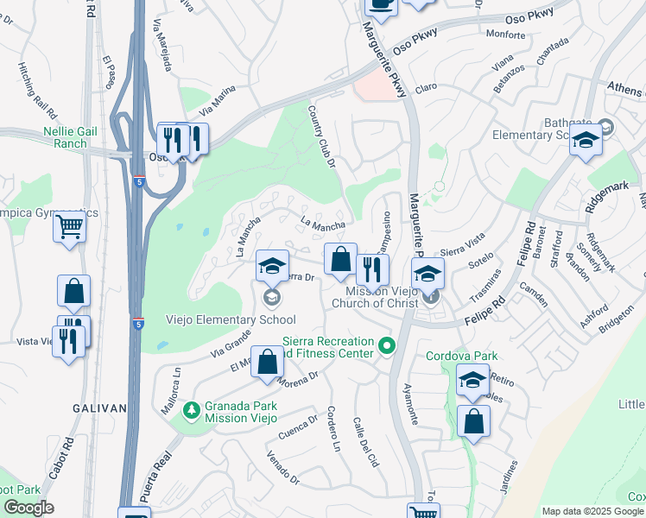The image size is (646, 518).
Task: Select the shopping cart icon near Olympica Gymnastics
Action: (69, 228)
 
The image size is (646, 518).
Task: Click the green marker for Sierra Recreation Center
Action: (387, 347)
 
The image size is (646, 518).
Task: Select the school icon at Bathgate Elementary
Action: (586, 140)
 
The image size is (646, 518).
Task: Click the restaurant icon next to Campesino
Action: (372, 269)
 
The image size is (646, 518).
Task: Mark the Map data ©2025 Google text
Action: (592, 511)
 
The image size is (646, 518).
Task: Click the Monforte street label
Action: (505, 35)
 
